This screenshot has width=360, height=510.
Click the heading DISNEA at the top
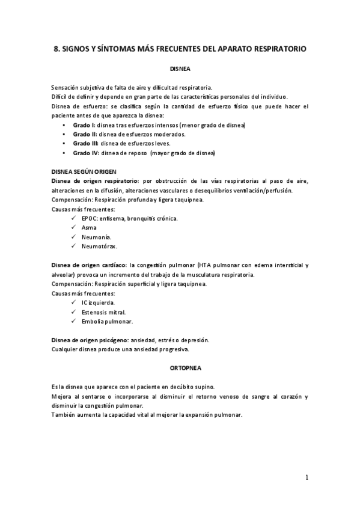180,69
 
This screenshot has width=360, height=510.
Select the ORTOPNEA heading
180,366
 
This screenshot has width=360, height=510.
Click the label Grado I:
84,124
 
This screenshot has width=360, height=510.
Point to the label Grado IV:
85,153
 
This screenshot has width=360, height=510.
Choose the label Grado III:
86,144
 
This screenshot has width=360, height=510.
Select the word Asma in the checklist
89,228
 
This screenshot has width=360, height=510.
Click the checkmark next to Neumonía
74,237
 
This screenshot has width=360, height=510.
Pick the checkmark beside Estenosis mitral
74,312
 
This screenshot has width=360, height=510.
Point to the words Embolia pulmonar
103,322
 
